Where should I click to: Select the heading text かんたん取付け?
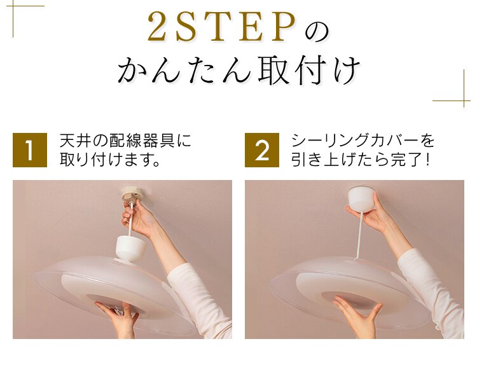click(238, 71)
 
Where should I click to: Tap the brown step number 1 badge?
click(30, 150)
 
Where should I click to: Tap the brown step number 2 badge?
click(262, 150)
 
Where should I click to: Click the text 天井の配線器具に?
click(125, 141)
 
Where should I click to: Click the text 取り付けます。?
click(109, 160)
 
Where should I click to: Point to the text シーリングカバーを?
click(363, 141)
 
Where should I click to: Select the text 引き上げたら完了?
click(361, 160)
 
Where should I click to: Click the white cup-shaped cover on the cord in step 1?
click(131, 247)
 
